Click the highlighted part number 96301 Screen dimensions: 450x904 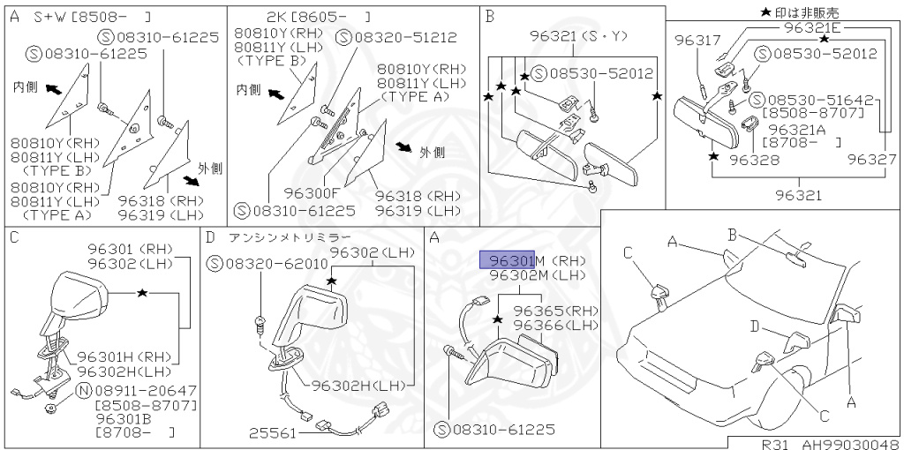507,260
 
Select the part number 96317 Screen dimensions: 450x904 697,40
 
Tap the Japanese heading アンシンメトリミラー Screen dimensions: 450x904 290,237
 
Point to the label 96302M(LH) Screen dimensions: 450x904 537,275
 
